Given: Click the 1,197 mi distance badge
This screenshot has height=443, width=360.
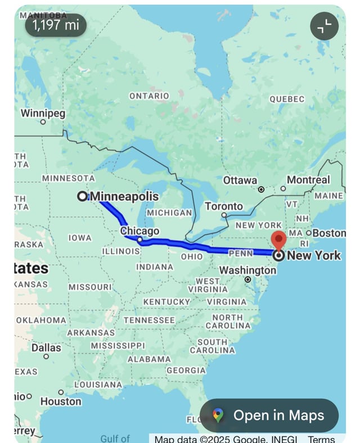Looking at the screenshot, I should [x=56, y=25].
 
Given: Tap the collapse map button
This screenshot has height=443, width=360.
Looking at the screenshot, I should [x=325, y=26].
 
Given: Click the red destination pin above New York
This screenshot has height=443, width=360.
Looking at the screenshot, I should [x=279, y=239].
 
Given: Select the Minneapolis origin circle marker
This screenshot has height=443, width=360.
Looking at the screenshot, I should [x=83, y=196].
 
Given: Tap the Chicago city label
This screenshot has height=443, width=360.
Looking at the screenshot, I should [x=139, y=231].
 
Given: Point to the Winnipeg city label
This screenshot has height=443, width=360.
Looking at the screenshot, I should [x=43, y=113].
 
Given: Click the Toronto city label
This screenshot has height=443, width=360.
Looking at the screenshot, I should [x=224, y=206].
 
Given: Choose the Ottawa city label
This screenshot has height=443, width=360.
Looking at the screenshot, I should [x=240, y=180].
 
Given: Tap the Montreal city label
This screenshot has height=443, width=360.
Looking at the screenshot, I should [x=308, y=180].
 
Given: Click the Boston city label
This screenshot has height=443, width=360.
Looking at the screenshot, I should [x=329, y=233].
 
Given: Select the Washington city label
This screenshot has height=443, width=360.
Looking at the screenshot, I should [x=247, y=270].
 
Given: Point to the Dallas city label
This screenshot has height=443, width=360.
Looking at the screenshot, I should [x=46, y=347].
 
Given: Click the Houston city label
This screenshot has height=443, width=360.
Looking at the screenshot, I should [x=61, y=401].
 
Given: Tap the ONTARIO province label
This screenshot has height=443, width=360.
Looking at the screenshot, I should [x=149, y=96].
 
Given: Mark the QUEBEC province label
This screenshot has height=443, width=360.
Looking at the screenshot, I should [x=287, y=99].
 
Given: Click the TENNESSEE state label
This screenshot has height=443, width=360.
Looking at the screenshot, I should [x=149, y=320].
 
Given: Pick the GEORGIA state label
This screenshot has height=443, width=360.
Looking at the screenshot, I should [x=186, y=370].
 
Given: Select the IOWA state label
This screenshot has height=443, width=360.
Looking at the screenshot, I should [x=80, y=238].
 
